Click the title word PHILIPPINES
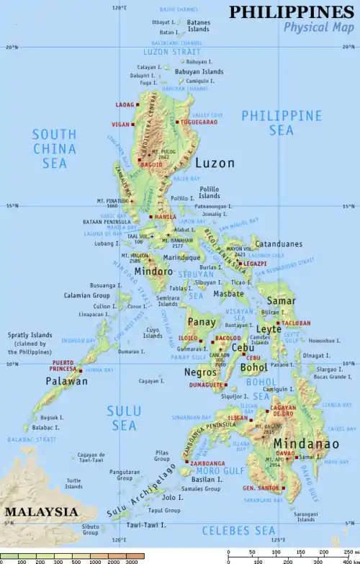tap(292, 12)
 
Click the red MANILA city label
tap(165, 217)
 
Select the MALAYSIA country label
tap(40, 511)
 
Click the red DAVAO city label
tap(285, 453)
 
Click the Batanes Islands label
tap(198, 27)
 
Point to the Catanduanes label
tap(279, 244)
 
